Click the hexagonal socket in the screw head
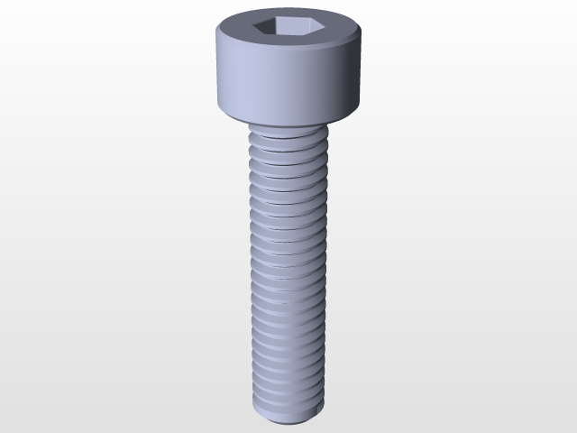(x=287, y=28)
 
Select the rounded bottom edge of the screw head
(x=287, y=120)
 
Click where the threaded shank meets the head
(x=287, y=129)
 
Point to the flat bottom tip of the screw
(x=287, y=417)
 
